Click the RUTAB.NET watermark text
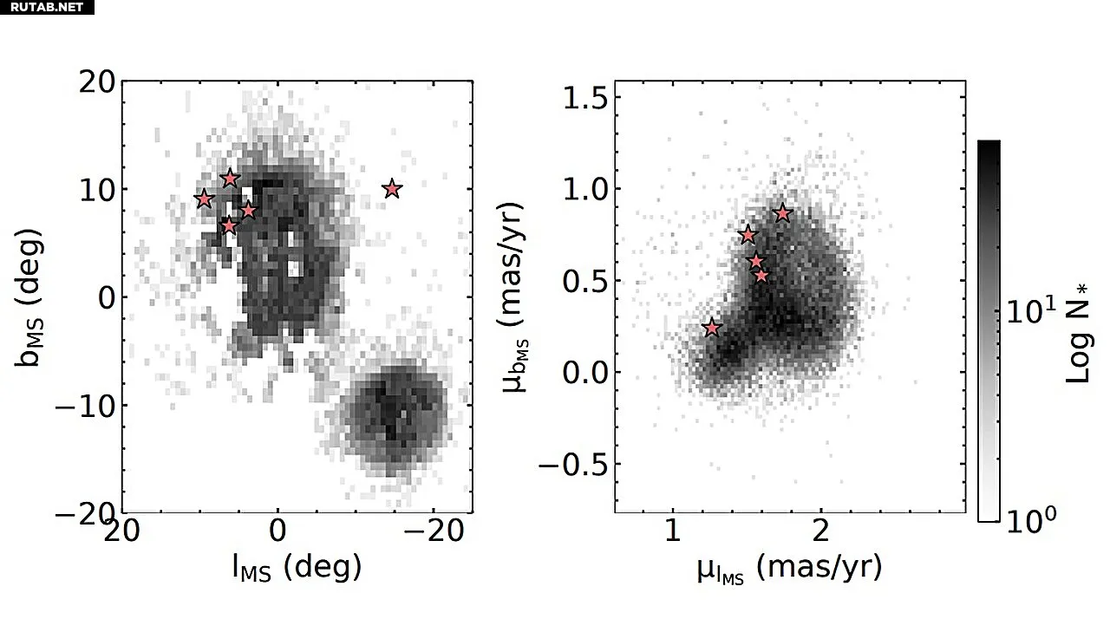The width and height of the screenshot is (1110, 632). [46, 7]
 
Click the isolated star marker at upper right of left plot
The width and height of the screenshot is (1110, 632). [392, 188]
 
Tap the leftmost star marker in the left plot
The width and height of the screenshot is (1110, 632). [204, 199]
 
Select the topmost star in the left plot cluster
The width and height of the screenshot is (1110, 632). [230, 179]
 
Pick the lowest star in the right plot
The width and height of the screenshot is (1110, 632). [712, 328]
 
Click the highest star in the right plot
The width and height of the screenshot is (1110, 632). [782, 212]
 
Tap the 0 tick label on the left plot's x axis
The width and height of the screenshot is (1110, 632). [277, 531]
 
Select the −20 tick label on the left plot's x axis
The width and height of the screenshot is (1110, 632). [433, 531]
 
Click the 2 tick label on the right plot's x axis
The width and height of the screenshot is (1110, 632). [820, 531]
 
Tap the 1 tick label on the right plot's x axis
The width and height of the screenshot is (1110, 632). [672, 531]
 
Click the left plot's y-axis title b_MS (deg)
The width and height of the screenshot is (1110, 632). [33, 297]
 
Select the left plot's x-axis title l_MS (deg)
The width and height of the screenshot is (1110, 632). [296, 568]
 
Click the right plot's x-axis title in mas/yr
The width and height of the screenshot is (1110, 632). [789, 570]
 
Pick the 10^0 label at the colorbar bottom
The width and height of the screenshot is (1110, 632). [1031, 519]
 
